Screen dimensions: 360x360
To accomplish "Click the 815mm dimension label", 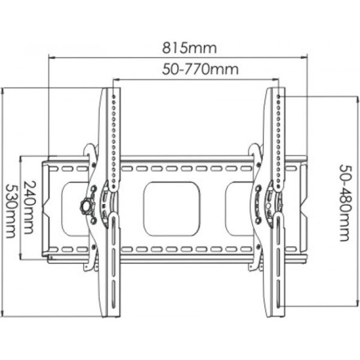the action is pyautogui.click(x=190, y=48).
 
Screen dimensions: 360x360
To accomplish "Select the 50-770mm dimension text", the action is pyautogui.click(x=200, y=69).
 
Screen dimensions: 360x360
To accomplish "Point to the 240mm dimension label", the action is pyautogui.click(x=30, y=208).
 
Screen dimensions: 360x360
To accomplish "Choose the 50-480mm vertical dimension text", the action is pyautogui.click(x=346, y=203).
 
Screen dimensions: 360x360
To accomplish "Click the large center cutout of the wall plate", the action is pyautogui.click(x=172, y=209).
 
